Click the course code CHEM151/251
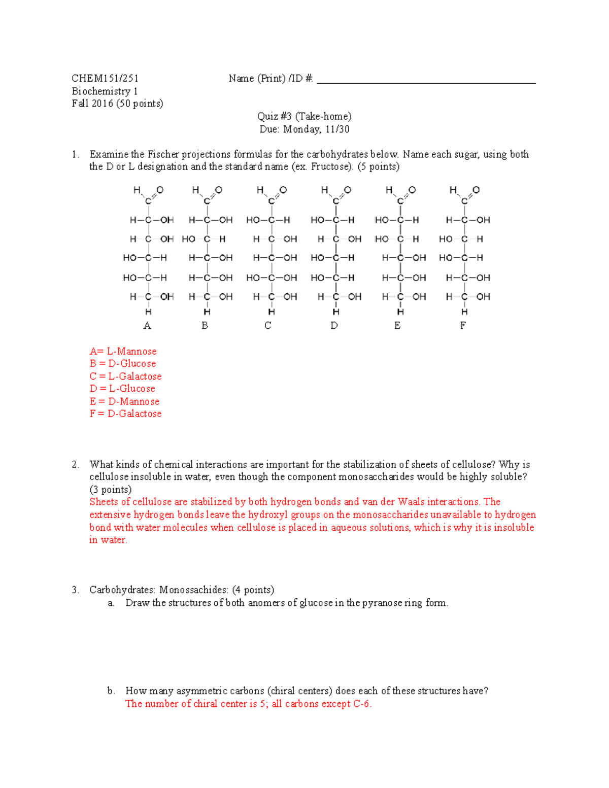[105, 78]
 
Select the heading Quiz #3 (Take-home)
[304, 116]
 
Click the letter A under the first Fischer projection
[147, 326]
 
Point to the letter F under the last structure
[463, 326]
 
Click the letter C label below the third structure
[268, 326]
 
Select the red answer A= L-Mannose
[123, 351]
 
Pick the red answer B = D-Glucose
[123, 363]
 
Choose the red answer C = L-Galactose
[125, 376]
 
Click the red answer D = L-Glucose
[122, 389]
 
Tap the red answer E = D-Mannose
[124, 401]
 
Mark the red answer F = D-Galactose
[125, 414]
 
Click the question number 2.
[75, 464]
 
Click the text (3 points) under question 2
[110, 490]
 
